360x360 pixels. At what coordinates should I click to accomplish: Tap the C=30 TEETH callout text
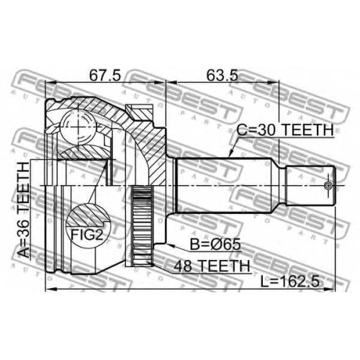tap(285, 130)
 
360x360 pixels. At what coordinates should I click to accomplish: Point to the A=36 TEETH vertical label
tap(24, 210)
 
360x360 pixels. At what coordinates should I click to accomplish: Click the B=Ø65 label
tap(215, 245)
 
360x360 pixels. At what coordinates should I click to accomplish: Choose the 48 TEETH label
tap(212, 266)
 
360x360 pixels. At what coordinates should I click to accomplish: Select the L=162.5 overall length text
tap(290, 282)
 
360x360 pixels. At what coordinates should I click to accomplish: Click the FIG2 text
tap(87, 235)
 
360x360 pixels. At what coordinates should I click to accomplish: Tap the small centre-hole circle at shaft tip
tap(328, 185)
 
